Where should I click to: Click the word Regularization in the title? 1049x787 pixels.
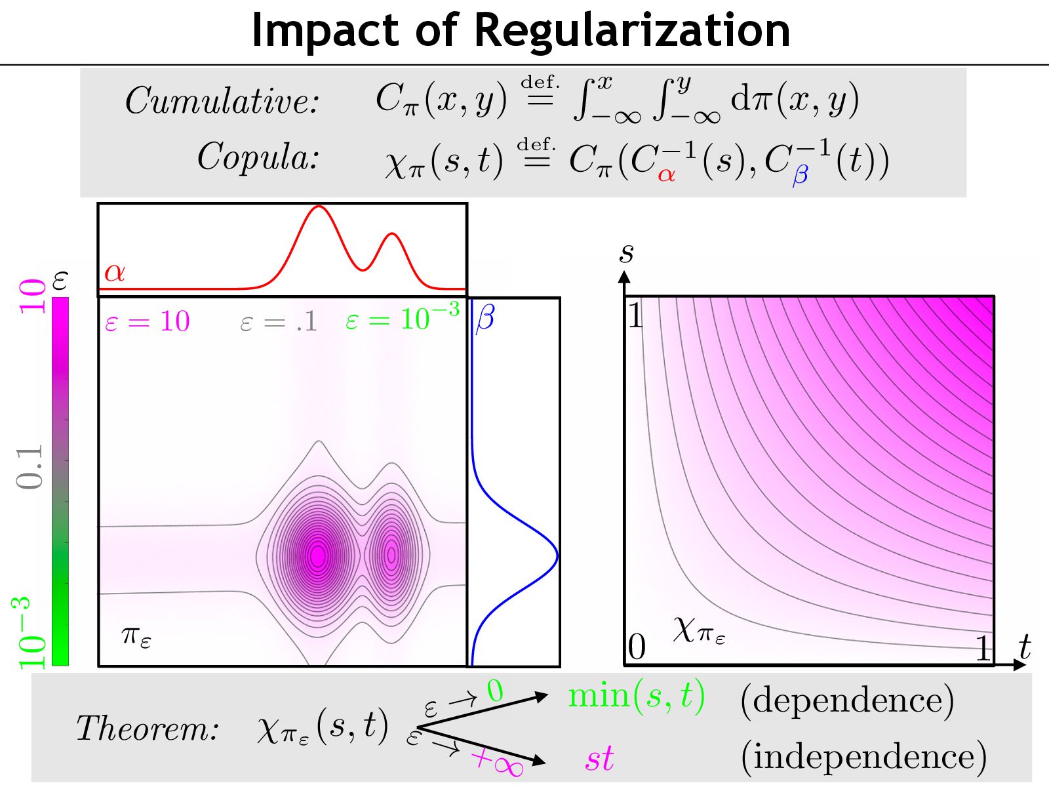coord(631,30)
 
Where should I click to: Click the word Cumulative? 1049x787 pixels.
coord(222,101)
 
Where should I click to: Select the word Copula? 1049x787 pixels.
coord(258,157)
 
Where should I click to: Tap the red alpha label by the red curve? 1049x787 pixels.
coord(115,272)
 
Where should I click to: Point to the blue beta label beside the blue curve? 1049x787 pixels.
coord(485,318)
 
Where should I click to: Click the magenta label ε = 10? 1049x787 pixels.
coord(148,321)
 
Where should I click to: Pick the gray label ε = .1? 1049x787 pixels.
coord(279,321)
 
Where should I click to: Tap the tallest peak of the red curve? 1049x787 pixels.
coord(319,207)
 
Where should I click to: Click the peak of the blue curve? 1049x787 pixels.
coord(557,555)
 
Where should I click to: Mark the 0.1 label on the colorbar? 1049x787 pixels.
coord(30,467)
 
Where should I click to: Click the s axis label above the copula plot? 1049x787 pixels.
coord(626,252)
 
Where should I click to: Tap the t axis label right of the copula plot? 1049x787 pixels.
coord(1025,648)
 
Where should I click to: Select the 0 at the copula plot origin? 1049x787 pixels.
coord(637,648)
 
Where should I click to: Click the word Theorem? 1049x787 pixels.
coord(148,728)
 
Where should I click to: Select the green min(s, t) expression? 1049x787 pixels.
coord(636,695)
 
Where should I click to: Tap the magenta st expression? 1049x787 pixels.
coord(599,759)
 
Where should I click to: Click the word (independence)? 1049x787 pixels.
coord(863,756)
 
